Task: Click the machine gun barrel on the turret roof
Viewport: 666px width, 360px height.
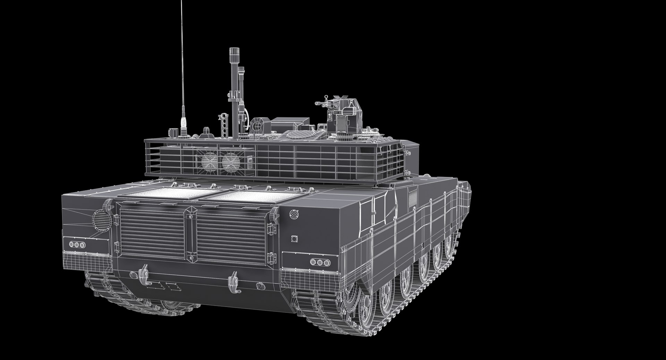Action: point(321,103)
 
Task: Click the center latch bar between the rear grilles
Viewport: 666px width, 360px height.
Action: point(190,234)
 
